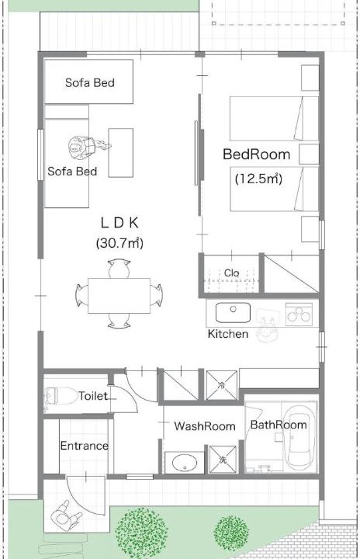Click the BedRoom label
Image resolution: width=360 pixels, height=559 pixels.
click(x=256, y=155)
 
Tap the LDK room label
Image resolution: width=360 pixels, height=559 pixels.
click(x=119, y=223)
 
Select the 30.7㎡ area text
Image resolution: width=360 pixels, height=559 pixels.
click(x=119, y=243)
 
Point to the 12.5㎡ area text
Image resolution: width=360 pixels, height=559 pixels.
click(x=259, y=179)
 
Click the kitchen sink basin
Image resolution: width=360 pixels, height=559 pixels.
click(x=233, y=312)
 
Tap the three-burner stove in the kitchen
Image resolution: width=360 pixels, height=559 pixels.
click(x=299, y=314)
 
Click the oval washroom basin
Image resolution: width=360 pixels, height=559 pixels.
click(x=185, y=463)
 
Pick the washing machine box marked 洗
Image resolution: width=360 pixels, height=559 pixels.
click(x=223, y=459)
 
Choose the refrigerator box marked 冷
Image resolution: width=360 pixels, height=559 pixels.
click(x=222, y=385)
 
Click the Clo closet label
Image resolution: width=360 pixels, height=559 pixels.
click(x=232, y=273)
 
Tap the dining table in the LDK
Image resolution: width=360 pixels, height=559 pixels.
click(x=119, y=296)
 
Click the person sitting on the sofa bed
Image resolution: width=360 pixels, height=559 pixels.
click(x=88, y=147)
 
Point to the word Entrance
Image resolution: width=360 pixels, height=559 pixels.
click(x=84, y=446)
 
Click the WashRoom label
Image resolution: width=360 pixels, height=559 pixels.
click(x=205, y=426)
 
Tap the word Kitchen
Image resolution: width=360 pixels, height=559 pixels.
click(x=228, y=334)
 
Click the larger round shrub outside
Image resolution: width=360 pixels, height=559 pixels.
click(x=141, y=533)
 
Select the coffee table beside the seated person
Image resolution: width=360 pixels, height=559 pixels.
click(x=121, y=153)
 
